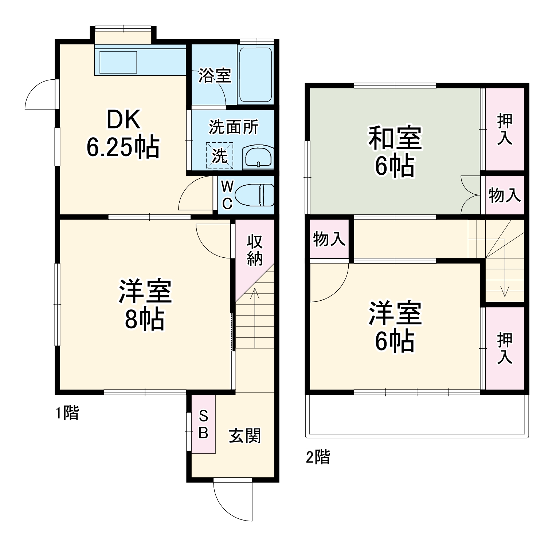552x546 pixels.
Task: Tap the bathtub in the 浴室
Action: click(x=255, y=74)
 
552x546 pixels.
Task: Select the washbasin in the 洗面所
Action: click(x=258, y=157)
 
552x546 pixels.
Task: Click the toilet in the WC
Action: click(x=254, y=195)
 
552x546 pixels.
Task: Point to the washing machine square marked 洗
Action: click(x=220, y=156)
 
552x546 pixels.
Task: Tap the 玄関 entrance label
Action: click(x=244, y=436)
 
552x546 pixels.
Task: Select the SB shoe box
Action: click(x=203, y=424)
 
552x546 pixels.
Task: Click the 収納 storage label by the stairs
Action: click(x=254, y=250)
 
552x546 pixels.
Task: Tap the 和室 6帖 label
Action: click(x=395, y=151)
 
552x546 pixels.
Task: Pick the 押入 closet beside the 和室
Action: click(x=505, y=129)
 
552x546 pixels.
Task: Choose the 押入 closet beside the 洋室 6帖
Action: click(x=505, y=348)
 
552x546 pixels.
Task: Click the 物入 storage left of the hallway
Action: click(x=329, y=239)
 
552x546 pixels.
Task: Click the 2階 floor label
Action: click(x=318, y=457)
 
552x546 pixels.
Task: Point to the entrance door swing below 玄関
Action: click(x=233, y=500)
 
